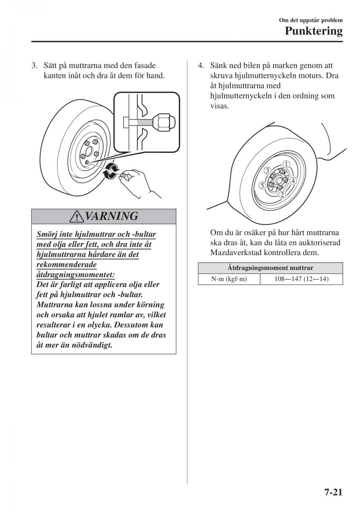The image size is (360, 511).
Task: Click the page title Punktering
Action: (x=314, y=31)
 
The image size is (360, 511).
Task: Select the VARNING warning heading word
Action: (x=112, y=216)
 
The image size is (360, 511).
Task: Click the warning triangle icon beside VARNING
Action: (x=78, y=217)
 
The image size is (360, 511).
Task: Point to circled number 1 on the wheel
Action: (x=287, y=164)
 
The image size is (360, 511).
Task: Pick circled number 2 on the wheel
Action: (x=282, y=195)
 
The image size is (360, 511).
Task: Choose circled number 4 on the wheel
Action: (x=293, y=181)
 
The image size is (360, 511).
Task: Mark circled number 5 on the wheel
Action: (x=262, y=185)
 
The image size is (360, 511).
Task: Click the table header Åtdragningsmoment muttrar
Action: (x=270, y=268)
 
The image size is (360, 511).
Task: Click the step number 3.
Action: (x=34, y=66)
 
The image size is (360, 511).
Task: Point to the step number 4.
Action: (x=200, y=66)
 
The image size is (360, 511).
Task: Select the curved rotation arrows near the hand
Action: (x=111, y=170)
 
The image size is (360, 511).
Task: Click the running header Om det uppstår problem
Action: (x=311, y=20)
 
